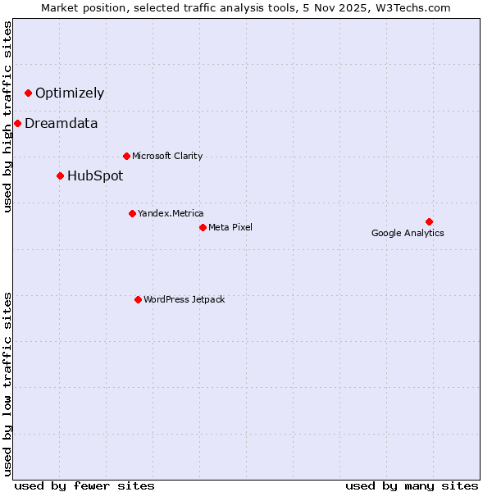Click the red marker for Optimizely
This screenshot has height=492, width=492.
click(28, 93)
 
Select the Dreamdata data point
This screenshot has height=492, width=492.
click(17, 123)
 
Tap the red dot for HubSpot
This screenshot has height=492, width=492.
click(60, 175)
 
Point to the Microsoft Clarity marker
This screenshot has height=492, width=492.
click(126, 156)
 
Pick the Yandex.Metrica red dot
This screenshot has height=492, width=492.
click(132, 213)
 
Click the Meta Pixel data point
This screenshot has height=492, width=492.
click(203, 227)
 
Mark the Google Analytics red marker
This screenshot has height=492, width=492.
click(429, 221)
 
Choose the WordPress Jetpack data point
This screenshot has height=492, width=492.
click(138, 299)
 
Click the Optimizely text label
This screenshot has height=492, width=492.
click(70, 93)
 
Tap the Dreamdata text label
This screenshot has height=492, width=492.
click(61, 123)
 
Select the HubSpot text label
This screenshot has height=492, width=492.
click(95, 175)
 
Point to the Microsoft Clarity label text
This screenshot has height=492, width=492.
click(167, 156)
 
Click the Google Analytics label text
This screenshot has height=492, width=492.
click(408, 233)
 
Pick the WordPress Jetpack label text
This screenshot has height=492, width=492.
click(184, 299)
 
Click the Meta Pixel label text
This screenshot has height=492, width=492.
click(230, 227)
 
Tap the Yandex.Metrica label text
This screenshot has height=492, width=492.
click(171, 213)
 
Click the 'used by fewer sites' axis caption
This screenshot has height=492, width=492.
click(84, 485)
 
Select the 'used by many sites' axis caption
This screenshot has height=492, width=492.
click(412, 485)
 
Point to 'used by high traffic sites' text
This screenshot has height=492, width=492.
click(8, 117)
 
